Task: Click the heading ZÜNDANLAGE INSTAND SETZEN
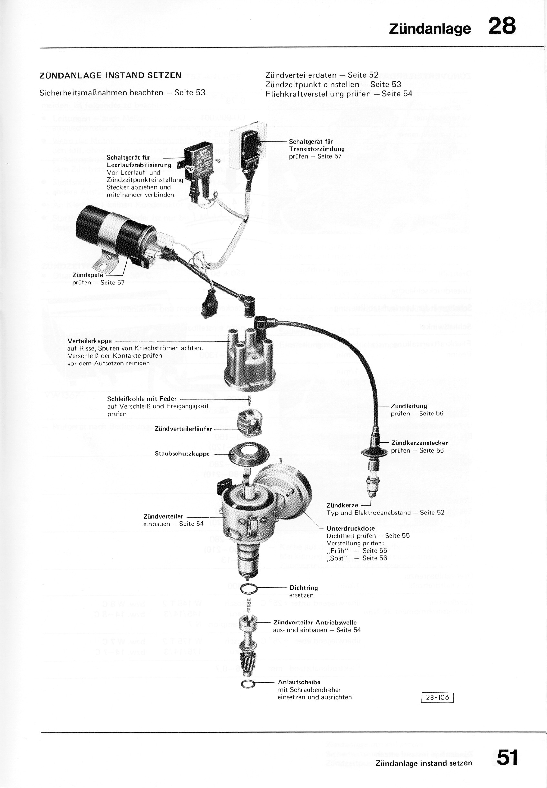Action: [x=110, y=75]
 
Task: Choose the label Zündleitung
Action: [x=409, y=406]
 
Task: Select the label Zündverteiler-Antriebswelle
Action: [x=315, y=623]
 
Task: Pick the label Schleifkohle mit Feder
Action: [x=142, y=399]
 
